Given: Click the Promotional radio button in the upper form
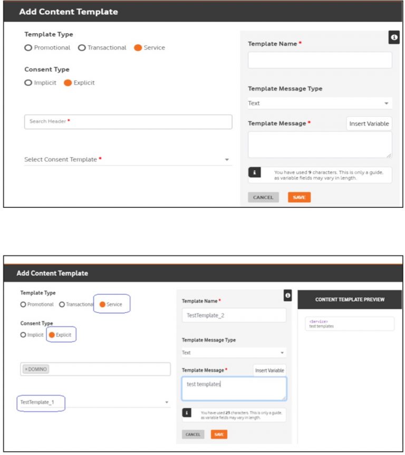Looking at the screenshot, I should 28,48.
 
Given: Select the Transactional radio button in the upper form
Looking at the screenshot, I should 82,48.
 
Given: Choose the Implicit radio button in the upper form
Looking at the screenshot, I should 28,83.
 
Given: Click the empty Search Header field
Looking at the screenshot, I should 128,122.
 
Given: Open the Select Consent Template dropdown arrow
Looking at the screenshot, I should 227,160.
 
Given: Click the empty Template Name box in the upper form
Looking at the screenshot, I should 320,60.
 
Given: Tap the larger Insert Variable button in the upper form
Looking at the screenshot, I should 369,124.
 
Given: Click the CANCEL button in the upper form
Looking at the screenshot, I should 263,198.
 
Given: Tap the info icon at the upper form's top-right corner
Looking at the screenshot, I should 393,37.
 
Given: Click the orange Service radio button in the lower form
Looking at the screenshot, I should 102,304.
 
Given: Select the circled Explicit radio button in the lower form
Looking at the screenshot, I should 52,335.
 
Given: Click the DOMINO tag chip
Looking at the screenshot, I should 36,369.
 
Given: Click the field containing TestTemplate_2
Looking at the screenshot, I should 234,315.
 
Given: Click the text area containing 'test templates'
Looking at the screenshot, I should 234,388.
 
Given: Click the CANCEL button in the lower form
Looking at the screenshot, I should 193,434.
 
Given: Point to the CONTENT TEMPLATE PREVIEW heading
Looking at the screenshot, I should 350,299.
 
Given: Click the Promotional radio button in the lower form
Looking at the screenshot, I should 23,304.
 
